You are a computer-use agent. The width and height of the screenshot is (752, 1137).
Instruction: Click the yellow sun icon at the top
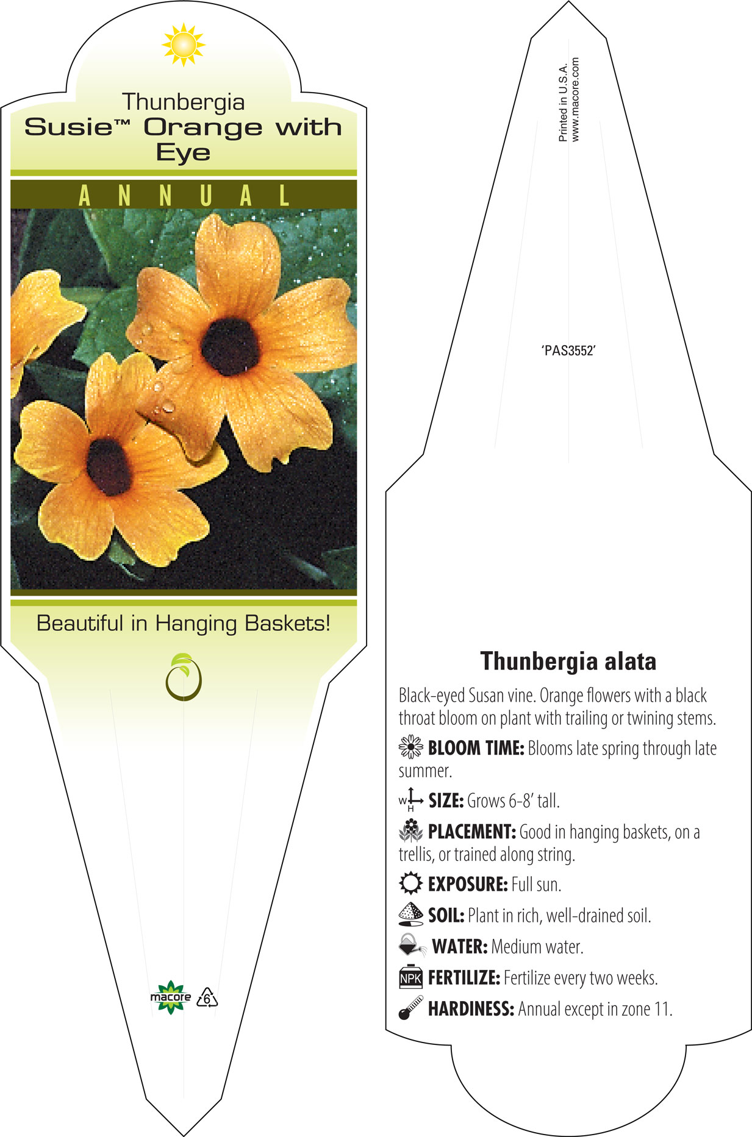(184, 45)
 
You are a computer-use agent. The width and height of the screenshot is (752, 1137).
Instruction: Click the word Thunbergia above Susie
(183, 102)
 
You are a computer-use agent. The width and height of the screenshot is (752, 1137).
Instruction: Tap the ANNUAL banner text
(184, 196)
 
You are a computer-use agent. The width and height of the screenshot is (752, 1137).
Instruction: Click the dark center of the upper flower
(230, 346)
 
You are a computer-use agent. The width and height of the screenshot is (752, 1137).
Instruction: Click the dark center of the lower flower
(110, 466)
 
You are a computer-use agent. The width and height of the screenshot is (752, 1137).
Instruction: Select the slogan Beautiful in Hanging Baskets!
(183, 624)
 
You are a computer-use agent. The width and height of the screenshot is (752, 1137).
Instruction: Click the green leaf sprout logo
(183, 677)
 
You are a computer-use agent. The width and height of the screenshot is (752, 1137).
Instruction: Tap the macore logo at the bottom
(170, 997)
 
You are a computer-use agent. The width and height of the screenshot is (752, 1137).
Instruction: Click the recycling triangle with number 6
(207, 998)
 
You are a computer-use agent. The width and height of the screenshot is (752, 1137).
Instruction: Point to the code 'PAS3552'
(568, 351)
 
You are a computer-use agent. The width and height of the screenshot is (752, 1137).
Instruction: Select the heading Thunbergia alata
(568, 661)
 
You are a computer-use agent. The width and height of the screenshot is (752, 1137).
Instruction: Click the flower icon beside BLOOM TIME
(410, 747)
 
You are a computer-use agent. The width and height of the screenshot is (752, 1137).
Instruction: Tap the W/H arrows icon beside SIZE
(410, 799)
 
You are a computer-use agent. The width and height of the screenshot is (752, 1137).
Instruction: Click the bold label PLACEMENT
(472, 832)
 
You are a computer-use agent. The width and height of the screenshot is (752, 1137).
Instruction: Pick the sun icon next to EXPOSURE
(410, 883)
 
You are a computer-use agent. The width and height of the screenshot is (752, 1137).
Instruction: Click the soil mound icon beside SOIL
(410, 914)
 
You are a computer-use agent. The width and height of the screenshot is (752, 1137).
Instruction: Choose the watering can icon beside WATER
(412, 946)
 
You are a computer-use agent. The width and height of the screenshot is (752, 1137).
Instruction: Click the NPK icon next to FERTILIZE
(410, 977)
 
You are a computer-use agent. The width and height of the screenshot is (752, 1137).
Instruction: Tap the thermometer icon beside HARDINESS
(410, 1008)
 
